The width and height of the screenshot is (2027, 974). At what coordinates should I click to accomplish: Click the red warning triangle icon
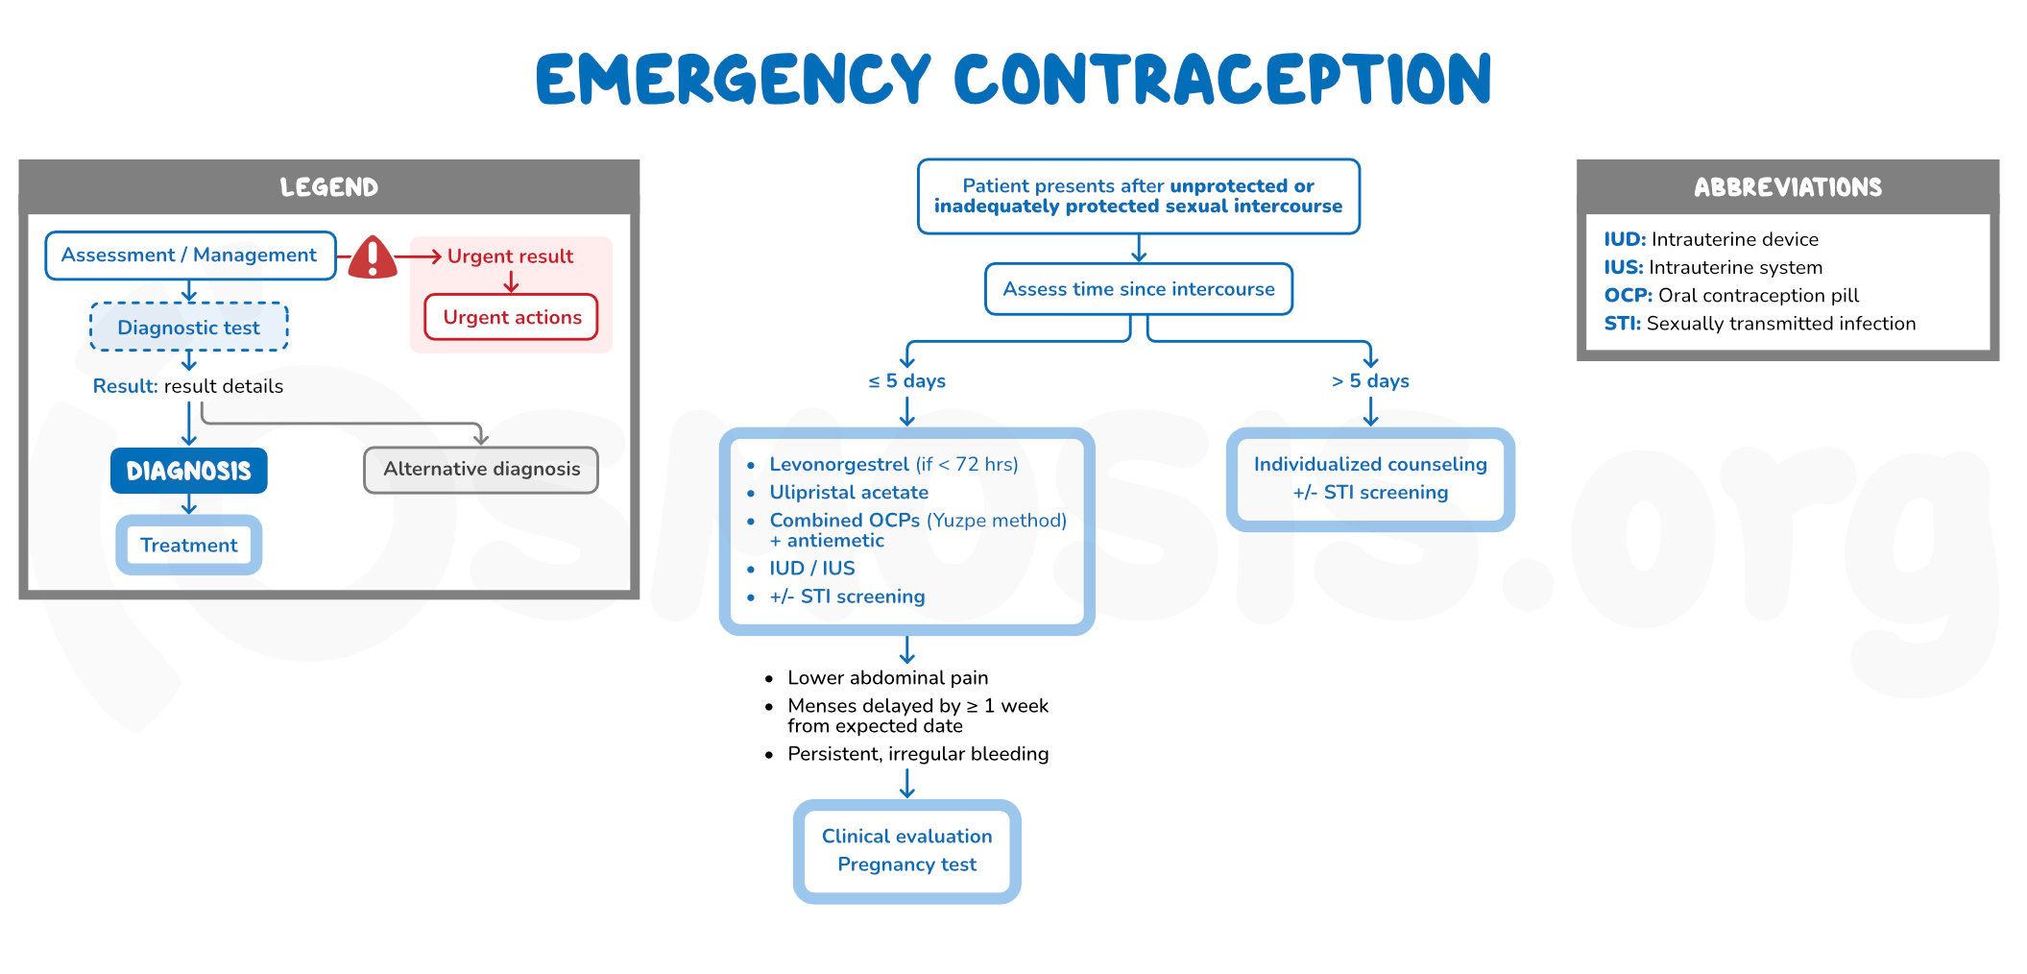pyautogui.click(x=373, y=257)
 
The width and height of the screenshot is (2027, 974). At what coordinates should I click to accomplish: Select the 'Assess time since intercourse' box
pyautogui.click(x=1138, y=289)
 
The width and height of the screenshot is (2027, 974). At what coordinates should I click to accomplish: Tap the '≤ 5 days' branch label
pyautogui.click(x=906, y=381)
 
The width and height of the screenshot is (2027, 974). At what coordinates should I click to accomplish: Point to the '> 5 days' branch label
pyautogui.click(x=1370, y=381)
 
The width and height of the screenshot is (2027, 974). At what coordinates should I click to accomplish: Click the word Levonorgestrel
pyautogui.click(x=838, y=465)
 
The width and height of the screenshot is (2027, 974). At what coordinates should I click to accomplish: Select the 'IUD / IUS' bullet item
pyautogui.click(x=811, y=569)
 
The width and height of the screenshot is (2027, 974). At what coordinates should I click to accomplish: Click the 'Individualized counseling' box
pyautogui.click(x=1370, y=478)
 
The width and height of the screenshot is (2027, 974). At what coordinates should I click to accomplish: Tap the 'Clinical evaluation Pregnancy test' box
pyautogui.click(x=906, y=850)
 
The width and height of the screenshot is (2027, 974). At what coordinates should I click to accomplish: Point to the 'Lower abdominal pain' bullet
pyautogui.click(x=887, y=678)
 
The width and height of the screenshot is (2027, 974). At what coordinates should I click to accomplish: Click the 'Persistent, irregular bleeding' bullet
pyautogui.click(x=917, y=754)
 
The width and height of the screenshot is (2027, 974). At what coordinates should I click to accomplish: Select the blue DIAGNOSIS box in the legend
pyautogui.click(x=188, y=471)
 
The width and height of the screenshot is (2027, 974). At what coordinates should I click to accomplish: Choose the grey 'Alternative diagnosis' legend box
pyautogui.click(x=481, y=470)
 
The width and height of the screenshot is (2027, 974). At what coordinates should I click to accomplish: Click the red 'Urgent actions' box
pyautogui.click(x=512, y=318)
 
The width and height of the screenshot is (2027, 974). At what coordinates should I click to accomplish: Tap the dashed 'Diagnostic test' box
pyautogui.click(x=188, y=328)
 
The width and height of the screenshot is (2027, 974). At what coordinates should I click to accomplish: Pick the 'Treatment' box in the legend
pyautogui.click(x=188, y=546)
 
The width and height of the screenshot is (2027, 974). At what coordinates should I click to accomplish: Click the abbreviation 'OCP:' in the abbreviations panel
pyautogui.click(x=1628, y=296)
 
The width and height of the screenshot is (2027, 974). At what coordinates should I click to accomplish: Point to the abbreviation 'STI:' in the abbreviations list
pyautogui.click(x=1622, y=324)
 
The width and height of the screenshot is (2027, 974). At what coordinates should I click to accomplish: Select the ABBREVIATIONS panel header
pyautogui.click(x=1787, y=187)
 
